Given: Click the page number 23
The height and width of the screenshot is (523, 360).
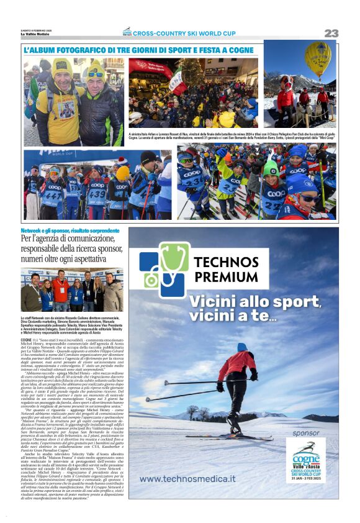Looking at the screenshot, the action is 331,33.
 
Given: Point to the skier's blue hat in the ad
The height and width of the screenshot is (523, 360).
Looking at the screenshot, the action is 241,347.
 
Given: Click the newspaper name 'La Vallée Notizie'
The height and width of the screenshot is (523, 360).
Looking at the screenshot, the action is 36,34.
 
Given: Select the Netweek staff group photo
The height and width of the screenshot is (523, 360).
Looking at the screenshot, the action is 71,290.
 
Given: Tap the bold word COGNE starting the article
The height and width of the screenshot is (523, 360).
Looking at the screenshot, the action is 26,341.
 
